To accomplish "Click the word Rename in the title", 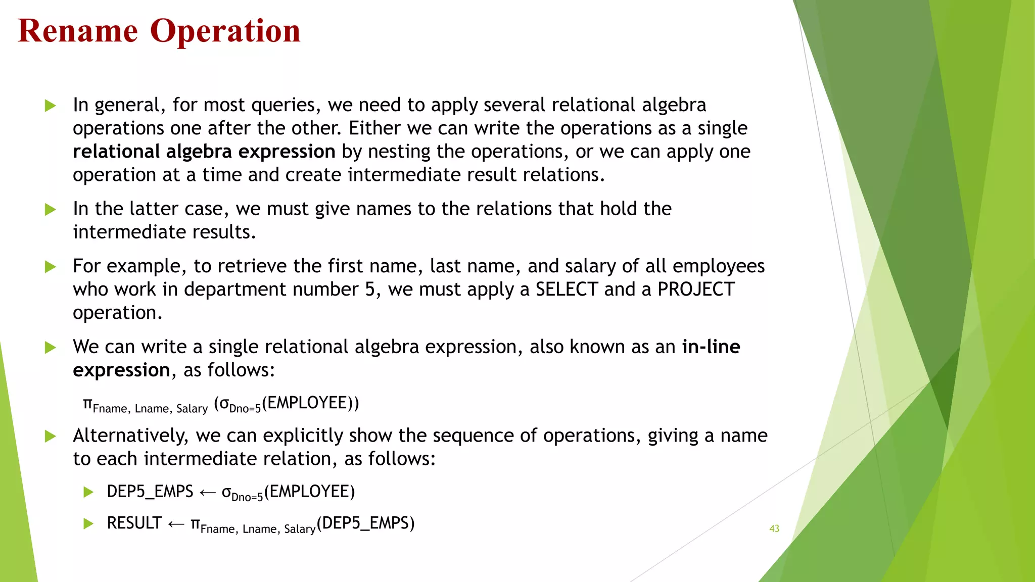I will (x=78, y=31).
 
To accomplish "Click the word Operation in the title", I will (x=225, y=31).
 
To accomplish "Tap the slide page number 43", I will (x=774, y=528).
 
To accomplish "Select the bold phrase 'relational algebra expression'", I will (x=204, y=152).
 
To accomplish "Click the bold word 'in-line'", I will (x=711, y=347).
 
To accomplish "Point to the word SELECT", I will (x=567, y=289).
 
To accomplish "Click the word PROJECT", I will (x=695, y=289).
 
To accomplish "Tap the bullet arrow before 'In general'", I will (x=50, y=106).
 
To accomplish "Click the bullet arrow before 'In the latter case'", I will (x=50, y=209).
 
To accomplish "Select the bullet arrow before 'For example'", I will (x=50, y=267).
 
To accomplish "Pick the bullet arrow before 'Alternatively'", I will (x=50, y=436).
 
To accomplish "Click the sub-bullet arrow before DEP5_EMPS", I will (x=88, y=492).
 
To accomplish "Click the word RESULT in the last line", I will (x=134, y=523).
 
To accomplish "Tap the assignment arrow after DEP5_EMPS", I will (x=207, y=493).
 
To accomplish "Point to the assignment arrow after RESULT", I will (x=176, y=524).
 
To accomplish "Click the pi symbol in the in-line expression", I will (x=88, y=404).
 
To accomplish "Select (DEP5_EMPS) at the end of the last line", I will (x=365, y=523).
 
